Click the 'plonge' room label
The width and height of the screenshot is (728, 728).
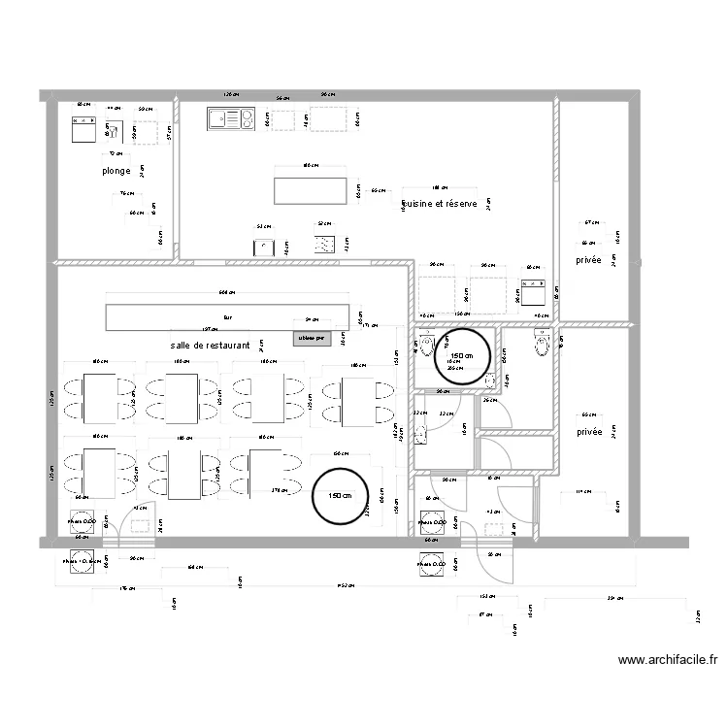pos(116,171)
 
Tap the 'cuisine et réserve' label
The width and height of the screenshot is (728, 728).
pos(439,205)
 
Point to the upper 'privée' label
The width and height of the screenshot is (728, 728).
pos(588,260)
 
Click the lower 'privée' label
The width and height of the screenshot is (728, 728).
pos(588,432)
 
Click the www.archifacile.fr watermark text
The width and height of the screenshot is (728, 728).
pos(668,660)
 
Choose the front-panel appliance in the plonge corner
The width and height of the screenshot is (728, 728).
pos(83,129)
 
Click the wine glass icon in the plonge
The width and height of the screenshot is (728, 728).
pos(114,130)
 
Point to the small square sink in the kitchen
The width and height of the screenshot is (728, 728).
pos(263,246)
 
